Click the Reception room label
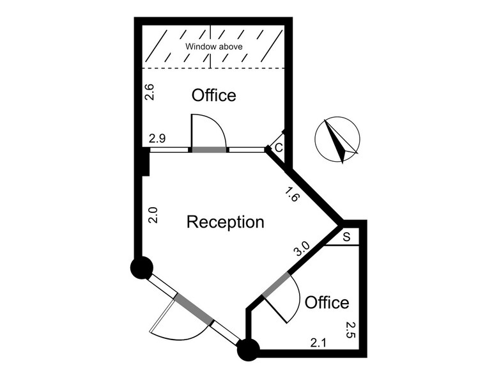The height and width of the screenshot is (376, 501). point(225,222)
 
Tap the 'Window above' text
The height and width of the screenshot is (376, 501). point(213,47)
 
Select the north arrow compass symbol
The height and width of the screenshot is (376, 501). point(337,139)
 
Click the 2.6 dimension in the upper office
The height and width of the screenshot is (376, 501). point(150,92)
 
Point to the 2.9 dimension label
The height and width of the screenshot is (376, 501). point(157,139)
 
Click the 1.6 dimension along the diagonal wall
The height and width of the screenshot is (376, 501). point(291,194)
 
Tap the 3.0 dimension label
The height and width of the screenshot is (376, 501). point(302,249)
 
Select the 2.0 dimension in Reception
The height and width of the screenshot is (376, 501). point(153,215)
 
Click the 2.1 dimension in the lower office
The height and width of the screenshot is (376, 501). point(318,343)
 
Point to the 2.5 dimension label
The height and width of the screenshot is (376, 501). point(350,330)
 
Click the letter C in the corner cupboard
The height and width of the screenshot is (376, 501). point(279,148)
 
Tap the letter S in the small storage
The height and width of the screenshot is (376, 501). point(346,237)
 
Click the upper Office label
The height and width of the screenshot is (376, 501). point(213,95)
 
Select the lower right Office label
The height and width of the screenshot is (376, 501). point(327,302)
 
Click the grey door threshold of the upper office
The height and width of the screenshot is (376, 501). point(209,150)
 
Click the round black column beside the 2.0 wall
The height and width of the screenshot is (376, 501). point(142,267)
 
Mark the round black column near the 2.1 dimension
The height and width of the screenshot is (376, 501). point(248,350)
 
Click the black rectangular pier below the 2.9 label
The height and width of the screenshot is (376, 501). point(146,161)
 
